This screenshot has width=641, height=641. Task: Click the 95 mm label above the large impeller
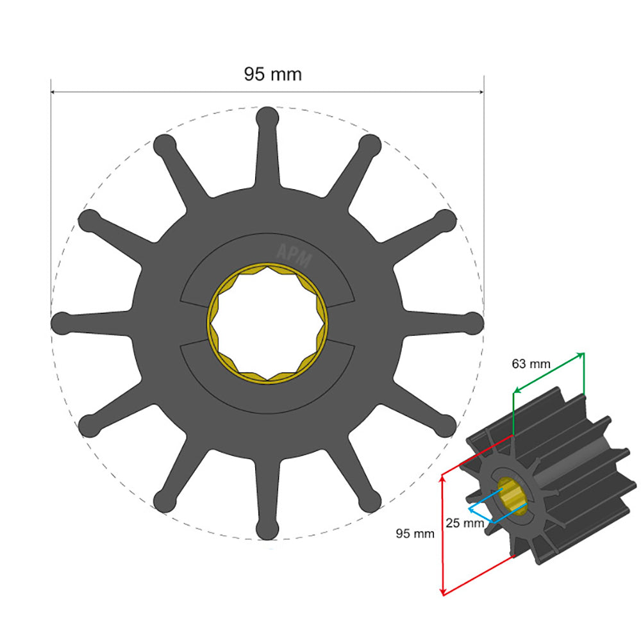click(272, 74)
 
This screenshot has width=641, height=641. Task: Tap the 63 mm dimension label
click(531, 364)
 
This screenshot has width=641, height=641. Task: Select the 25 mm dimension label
click(464, 523)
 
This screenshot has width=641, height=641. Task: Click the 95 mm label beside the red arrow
click(414, 533)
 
